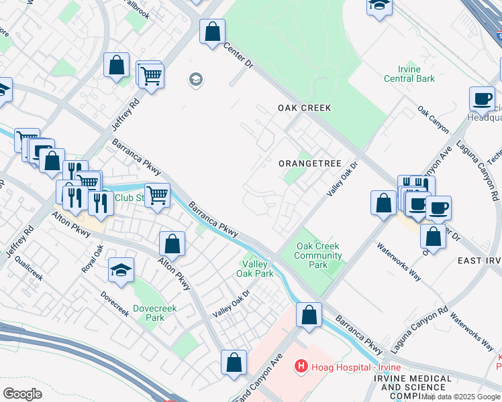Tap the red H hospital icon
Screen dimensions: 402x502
click(x=301, y=367)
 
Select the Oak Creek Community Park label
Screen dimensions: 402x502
click(x=319, y=255)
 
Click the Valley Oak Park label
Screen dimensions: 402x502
click(x=255, y=269)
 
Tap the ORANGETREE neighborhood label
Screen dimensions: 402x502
click(x=309, y=163)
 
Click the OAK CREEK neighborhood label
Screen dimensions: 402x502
click(x=305, y=108)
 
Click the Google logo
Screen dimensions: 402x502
click(x=23, y=394)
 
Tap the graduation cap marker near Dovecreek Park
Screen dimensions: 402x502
click(x=121, y=269)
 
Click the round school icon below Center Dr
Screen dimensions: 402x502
click(x=196, y=80)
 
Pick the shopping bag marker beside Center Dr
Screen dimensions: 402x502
click(x=212, y=31)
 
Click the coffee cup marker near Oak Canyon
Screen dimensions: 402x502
click(x=481, y=98)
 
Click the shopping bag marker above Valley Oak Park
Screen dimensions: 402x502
click(x=172, y=244)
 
